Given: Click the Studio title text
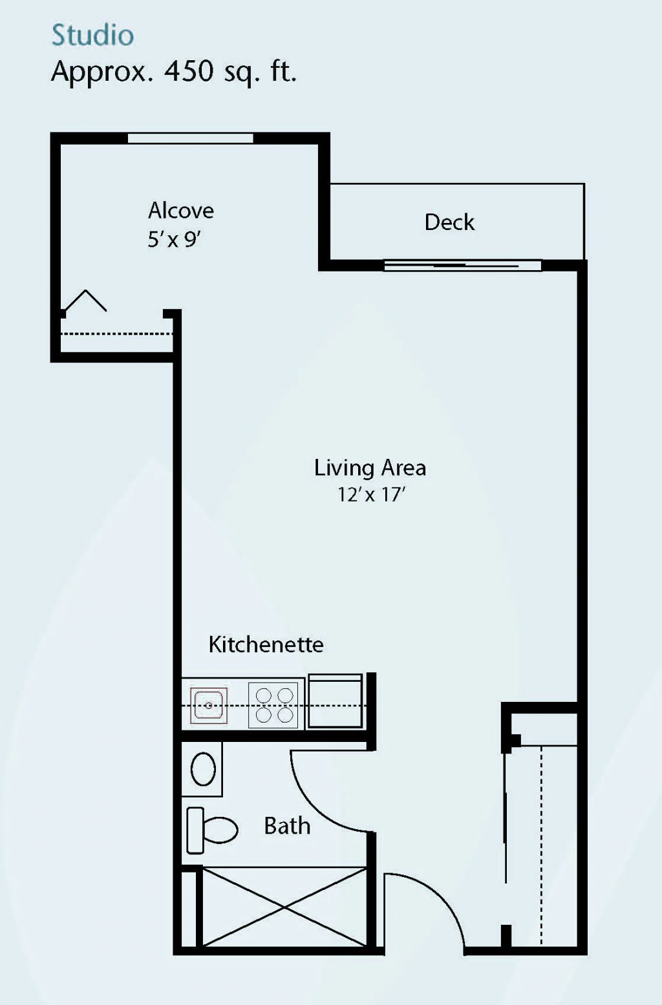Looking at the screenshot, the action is point(93,35).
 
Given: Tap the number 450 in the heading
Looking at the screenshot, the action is point(189,71).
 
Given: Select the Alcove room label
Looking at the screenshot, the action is point(181,211).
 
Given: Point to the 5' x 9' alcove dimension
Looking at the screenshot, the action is point(174,240).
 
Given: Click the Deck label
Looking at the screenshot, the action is point(449,222).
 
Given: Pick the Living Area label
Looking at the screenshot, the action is point(370,467).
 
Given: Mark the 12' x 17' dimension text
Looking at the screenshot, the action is point(372,494).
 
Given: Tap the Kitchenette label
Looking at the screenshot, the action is point(266,644).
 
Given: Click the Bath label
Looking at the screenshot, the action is point(287,825).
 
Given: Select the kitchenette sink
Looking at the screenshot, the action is point(209,706).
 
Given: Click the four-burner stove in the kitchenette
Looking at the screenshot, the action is point(273,705).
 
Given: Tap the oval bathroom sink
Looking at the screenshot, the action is point(203,770).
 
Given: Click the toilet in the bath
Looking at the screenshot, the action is point(212,830).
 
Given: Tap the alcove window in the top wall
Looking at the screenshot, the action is point(190,138).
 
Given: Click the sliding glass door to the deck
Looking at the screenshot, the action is point(463,266).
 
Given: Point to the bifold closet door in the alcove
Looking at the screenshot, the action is point(85,300).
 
